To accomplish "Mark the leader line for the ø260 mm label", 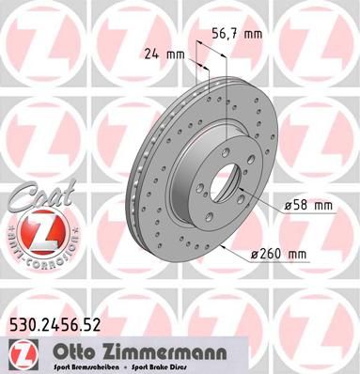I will click(235, 247).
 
